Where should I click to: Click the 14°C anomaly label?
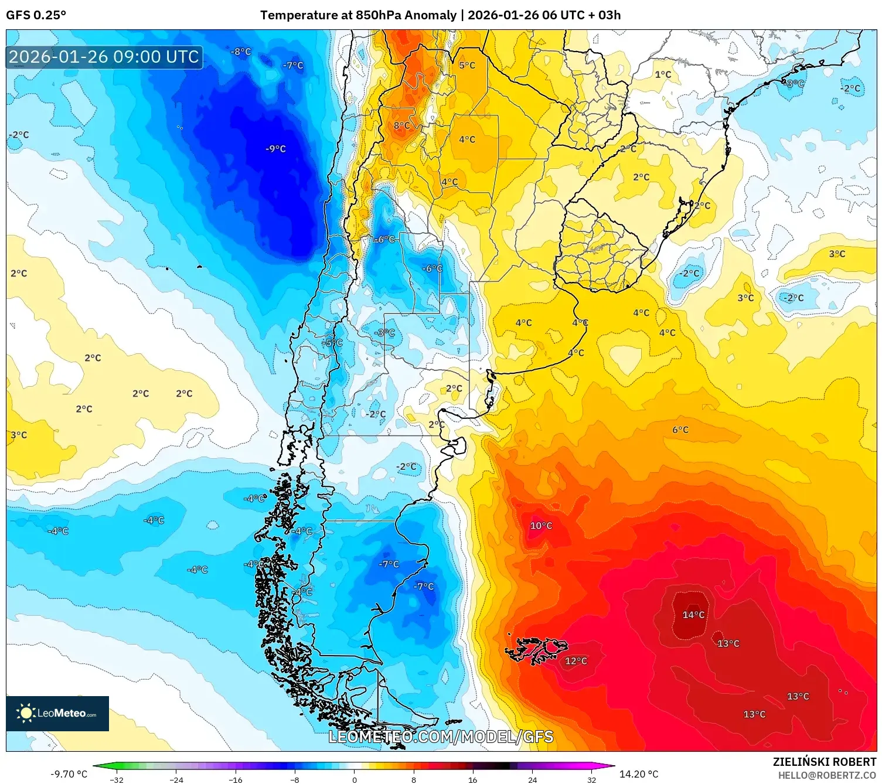[x=693, y=615]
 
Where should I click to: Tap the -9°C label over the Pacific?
[x=275, y=149]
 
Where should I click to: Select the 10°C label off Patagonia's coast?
[x=541, y=526]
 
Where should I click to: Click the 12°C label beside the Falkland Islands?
[x=575, y=661]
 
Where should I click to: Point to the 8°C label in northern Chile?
[x=401, y=125]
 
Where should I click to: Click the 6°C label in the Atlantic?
[x=680, y=430]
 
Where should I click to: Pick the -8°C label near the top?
[x=240, y=52]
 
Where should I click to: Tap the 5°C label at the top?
[x=466, y=65]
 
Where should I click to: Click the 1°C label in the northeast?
[x=663, y=74]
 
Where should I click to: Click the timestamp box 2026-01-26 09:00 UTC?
[x=104, y=57]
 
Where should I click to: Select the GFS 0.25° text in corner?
[x=36, y=15]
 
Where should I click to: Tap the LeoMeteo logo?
[x=57, y=713]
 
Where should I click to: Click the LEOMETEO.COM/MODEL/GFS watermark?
[x=441, y=737]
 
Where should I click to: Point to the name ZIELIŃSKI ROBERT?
[x=824, y=762]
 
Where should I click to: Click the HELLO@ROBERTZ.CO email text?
[x=826, y=775]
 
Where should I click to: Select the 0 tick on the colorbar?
[x=354, y=779]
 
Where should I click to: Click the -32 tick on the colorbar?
[x=117, y=779]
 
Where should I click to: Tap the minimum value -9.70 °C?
[x=69, y=774]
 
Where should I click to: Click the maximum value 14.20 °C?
[x=639, y=774]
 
